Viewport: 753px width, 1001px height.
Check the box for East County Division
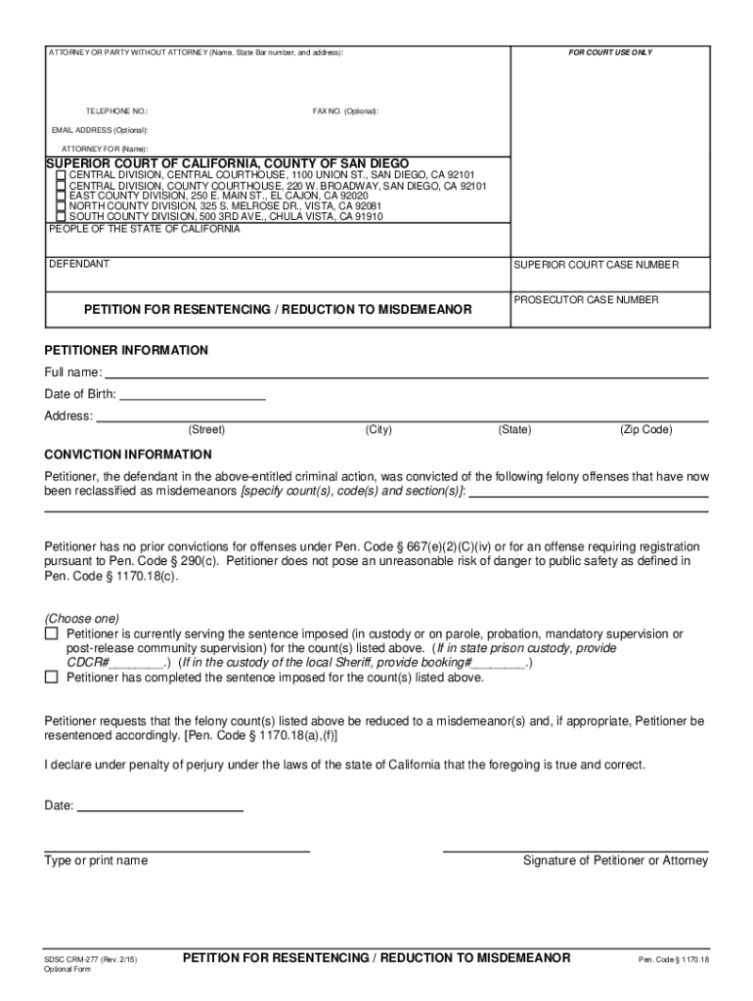click(x=62, y=196)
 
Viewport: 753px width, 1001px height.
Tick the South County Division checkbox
click(x=62, y=217)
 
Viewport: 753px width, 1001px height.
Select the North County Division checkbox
click(x=62, y=206)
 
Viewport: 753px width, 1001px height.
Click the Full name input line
click(x=406, y=372)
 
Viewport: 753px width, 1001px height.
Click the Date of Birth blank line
click(x=192, y=395)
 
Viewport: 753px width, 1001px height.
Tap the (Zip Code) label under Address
click(x=645, y=429)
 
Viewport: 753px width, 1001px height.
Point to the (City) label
click(x=378, y=429)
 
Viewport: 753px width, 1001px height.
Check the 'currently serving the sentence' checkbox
click(x=52, y=634)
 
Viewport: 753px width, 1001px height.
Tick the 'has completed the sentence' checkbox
click(x=52, y=676)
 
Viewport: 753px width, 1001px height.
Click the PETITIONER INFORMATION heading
click(x=126, y=350)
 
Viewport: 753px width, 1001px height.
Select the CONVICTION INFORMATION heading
click(x=128, y=455)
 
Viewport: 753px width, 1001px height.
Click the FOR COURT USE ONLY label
click(x=611, y=52)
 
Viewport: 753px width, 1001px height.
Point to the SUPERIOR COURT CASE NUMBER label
click(x=596, y=265)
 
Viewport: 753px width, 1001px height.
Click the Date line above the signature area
click(x=160, y=806)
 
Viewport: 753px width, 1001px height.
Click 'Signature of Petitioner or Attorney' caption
click(x=615, y=860)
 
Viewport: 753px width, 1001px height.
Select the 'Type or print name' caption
click(x=96, y=860)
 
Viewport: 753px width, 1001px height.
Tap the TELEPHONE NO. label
click(x=116, y=111)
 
